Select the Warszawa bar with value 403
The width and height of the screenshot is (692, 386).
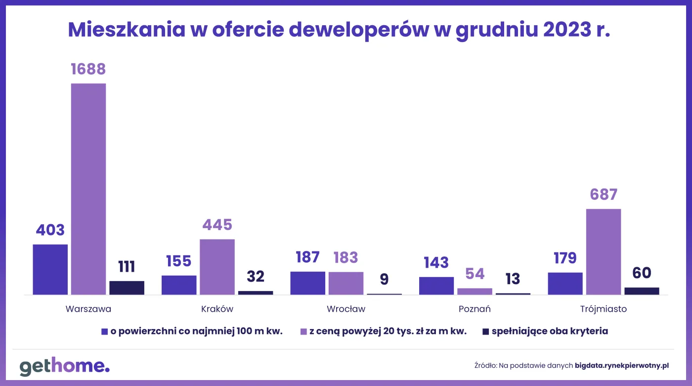pyautogui.click(x=50, y=269)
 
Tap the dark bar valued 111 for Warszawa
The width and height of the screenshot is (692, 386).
pyautogui.click(x=127, y=288)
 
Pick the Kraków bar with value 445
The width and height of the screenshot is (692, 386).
pyautogui.click(x=217, y=267)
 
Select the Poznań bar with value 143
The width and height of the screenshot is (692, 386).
pyautogui.click(x=436, y=286)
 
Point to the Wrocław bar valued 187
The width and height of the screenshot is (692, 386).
pyautogui.click(x=307, y=283)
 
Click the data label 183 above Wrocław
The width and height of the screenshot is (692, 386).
pyautogui.click(x=346, y=257)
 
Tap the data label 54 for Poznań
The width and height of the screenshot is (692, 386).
pyautogui.click(x=475, y=274)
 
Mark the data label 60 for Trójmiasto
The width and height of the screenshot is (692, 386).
pyautogui.click(x=642, y=273)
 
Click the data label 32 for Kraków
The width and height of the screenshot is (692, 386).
pyautogui.click(x=256, y=276)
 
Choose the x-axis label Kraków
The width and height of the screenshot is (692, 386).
pyautogui.click(x=217, y=309)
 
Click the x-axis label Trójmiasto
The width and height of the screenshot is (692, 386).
pyautogui.click(x=604, y=309)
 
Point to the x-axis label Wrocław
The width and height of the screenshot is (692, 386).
pyautogui.click(x=346, y=309)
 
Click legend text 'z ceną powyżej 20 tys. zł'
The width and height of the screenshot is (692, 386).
pyautogui.click(x=388, y=332)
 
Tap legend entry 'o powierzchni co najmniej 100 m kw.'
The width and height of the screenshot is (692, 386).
pyautogui.click(x=196, y=332)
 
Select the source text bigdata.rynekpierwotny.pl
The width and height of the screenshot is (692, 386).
pyautogui.click(x=622, y=366)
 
